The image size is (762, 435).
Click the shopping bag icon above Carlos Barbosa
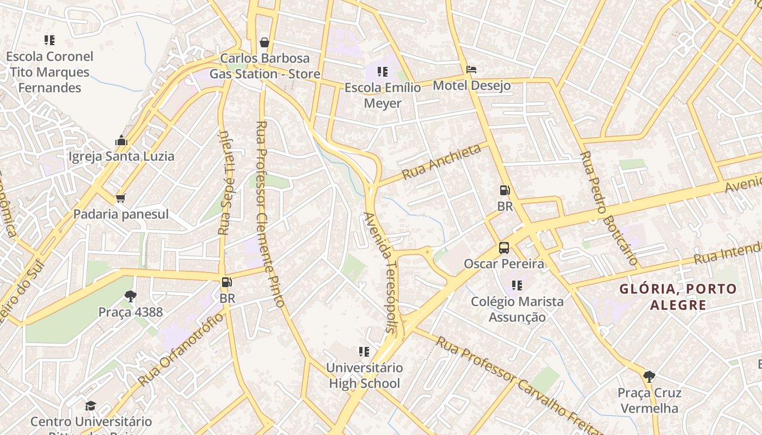(x=265, y=42)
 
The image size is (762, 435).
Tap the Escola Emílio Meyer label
(x=383, y=95)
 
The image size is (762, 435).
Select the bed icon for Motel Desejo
(x=471, y=70)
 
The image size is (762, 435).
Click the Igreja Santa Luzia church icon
(x=121, y=141)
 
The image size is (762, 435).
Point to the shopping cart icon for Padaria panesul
(x=120, y=198)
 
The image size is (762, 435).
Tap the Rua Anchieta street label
(x=441, y=161)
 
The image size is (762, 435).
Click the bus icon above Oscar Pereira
(x=504, y=248)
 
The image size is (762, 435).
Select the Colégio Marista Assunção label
(x=517, y=309)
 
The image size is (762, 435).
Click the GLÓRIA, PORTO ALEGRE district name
(x=678, y=296)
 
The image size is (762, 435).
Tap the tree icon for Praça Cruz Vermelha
(x=649, y=376)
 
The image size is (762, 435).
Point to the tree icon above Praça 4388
(x=130, y=296)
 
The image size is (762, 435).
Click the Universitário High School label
(x=365, y=375)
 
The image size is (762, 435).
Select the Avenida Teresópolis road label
(x=380, y=272)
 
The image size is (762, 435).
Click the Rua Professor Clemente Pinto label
(x=270, y=214)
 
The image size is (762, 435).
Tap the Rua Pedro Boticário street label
(x=609, y=208)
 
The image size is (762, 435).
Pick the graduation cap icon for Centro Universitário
(x=90, y=406)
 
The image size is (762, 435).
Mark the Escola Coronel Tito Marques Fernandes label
(x=50, y=72)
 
